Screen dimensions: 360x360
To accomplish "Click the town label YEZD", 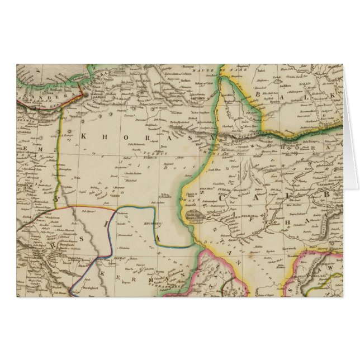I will (115, 194).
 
